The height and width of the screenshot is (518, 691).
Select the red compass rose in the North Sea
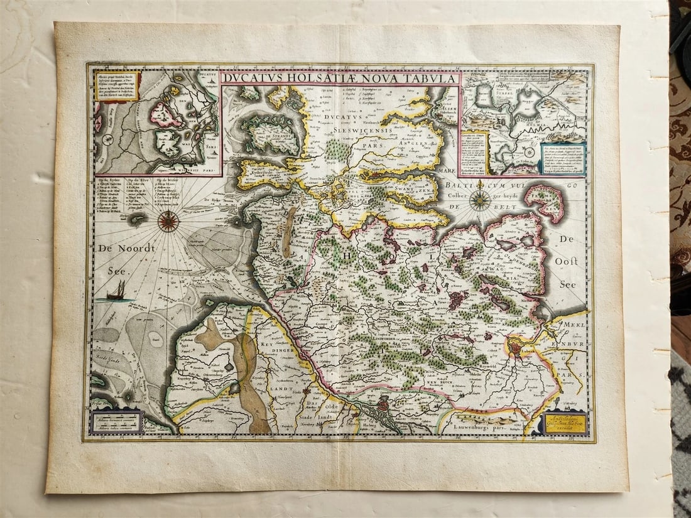point(168,220)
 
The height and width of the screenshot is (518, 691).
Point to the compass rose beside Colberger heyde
point(481,200)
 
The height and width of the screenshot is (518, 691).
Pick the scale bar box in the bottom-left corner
point(117,421)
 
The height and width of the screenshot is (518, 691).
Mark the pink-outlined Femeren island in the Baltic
point(545,201)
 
